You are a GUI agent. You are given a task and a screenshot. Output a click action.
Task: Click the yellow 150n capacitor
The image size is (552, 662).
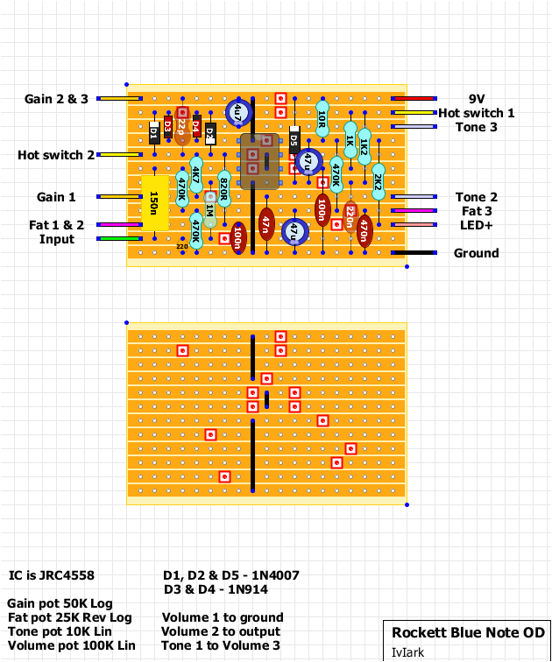coord(154,203)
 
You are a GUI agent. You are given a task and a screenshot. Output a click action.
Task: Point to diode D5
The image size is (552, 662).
coord(294,140)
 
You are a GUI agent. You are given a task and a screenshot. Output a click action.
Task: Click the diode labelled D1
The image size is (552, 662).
coord(154,133)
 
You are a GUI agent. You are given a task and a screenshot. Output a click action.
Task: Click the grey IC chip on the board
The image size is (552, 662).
coord(259,161)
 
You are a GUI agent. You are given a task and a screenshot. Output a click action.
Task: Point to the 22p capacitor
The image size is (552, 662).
coord(181,127)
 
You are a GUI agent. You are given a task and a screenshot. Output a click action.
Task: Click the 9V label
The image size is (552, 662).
coord(477,99)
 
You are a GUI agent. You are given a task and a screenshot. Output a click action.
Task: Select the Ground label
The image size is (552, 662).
coord(476,253)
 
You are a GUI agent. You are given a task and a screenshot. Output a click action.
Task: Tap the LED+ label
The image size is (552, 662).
coord(476,225)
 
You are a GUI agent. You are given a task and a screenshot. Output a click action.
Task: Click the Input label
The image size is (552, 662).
coord(57,239)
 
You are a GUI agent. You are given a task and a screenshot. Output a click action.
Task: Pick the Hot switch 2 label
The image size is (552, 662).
coord(56,155)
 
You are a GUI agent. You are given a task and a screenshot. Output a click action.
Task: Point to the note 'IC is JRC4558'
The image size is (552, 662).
coord(51,575)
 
